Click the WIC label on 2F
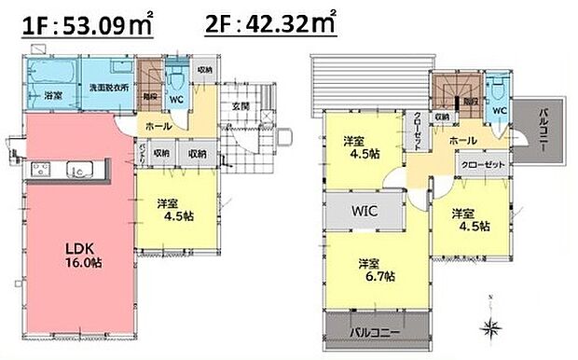(364, 212)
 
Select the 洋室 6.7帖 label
(378, 270)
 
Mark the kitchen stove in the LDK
(41, 171)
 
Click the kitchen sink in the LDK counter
(78, 172)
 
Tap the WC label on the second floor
(498, 109)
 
